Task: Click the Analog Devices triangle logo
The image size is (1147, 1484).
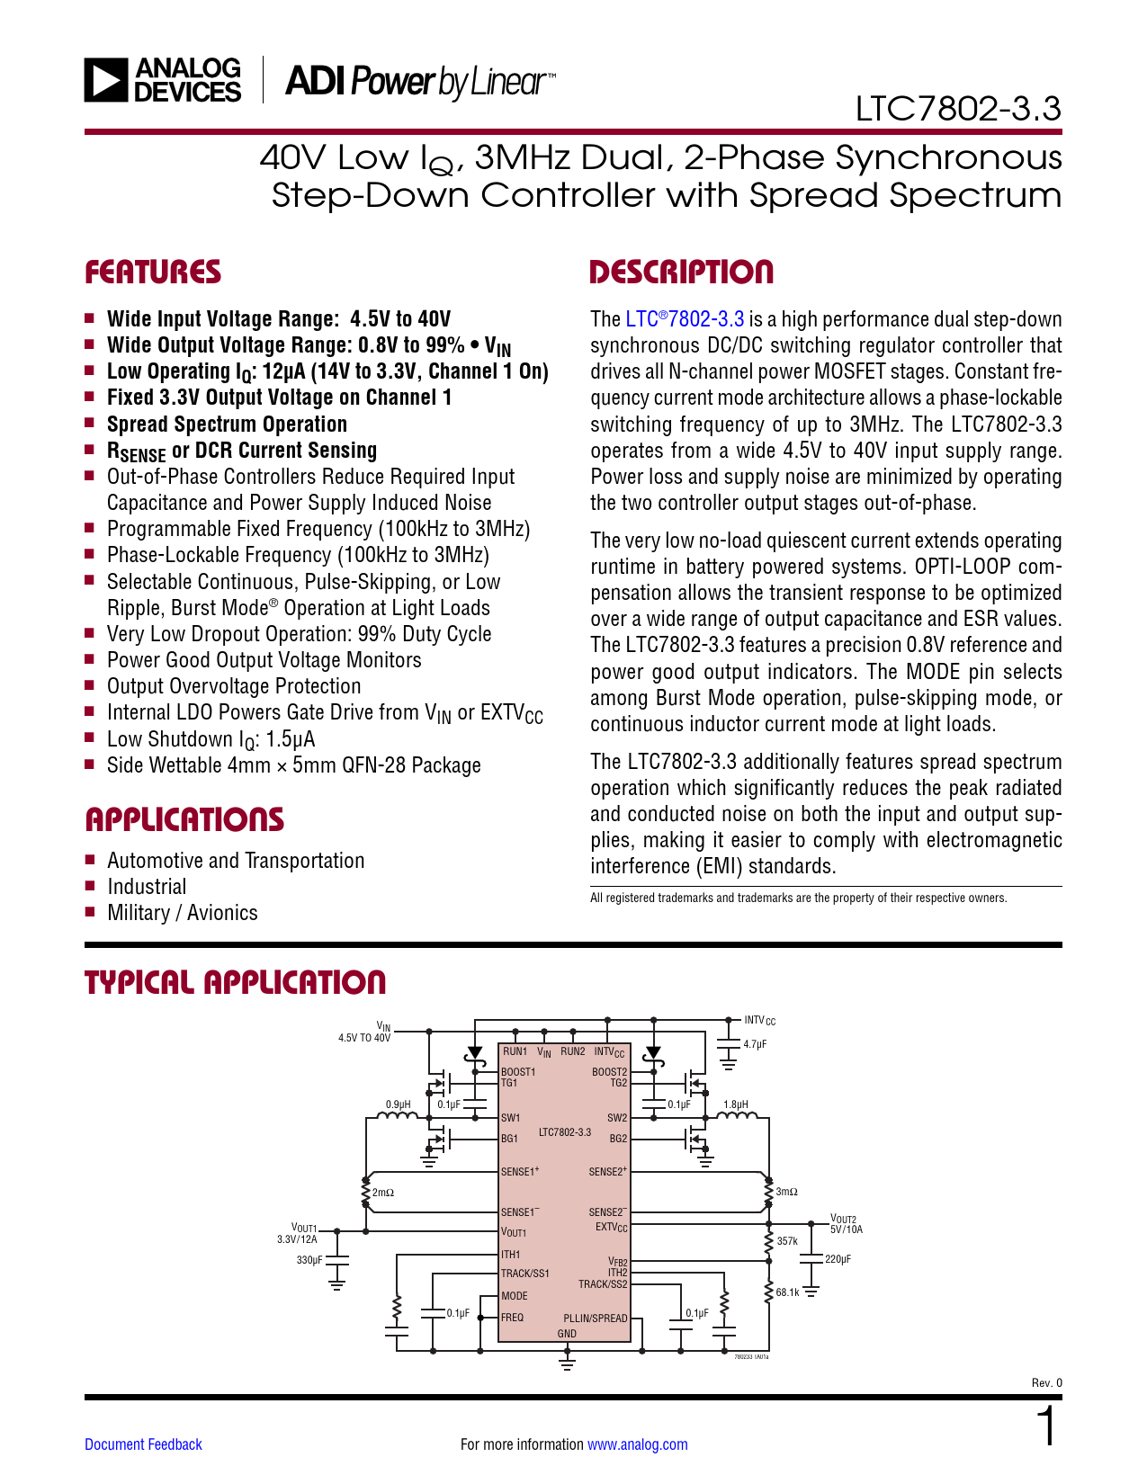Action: pos(106,80)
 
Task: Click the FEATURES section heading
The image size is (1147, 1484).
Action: pos(153,272)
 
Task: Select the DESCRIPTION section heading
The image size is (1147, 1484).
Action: pos(681,272)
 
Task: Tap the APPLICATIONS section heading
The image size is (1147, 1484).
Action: pos(184,819)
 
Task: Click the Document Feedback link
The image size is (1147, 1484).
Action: pos(143,1444)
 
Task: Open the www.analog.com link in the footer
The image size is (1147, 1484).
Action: pos(638,1444)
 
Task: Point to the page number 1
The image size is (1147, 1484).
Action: pos(1047,1426)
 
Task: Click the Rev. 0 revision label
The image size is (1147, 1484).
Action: pos(1046,1382)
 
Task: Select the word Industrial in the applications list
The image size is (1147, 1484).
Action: pos(147,887)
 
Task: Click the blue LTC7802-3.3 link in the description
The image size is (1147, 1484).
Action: pos(685,319)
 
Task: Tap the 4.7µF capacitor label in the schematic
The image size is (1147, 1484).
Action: pos(755,1044)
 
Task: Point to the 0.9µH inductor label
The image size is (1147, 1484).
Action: pos(399,1104)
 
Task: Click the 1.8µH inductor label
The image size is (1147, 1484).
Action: pos(736,1104)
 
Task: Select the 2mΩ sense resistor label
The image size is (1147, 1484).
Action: pos(383,1193)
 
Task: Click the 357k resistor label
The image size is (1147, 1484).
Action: pos(787,1241)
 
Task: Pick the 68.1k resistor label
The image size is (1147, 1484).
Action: pos(787,1292)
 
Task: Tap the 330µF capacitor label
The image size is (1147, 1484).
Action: pos(309,1260)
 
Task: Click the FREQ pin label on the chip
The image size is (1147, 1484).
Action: pos(513,1318)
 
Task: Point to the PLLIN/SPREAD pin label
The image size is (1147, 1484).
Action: pos(595,1318)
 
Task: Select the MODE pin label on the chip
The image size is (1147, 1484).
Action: pos(515,1295)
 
